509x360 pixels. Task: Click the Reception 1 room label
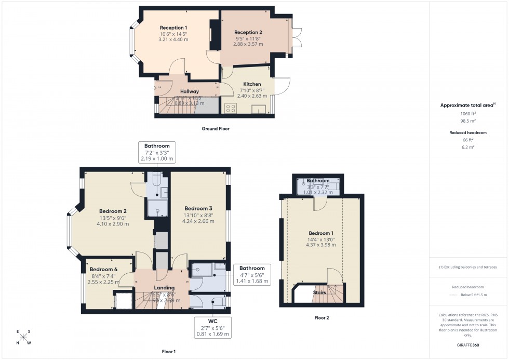point(173,28)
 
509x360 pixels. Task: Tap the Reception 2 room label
point(248,32)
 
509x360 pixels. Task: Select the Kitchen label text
point(252,84)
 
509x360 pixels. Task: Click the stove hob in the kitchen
point(230,108)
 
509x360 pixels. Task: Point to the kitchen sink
point(258,109)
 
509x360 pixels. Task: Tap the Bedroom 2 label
point(113,211)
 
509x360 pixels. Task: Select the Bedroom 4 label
point(103,270)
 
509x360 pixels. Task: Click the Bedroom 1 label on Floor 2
point(319,233)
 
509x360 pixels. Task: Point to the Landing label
point(164,288)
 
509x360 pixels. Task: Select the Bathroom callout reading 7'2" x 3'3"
point(157,152)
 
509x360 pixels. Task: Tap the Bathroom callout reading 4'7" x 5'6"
point(252,275)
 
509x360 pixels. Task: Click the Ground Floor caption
point(215,128)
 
